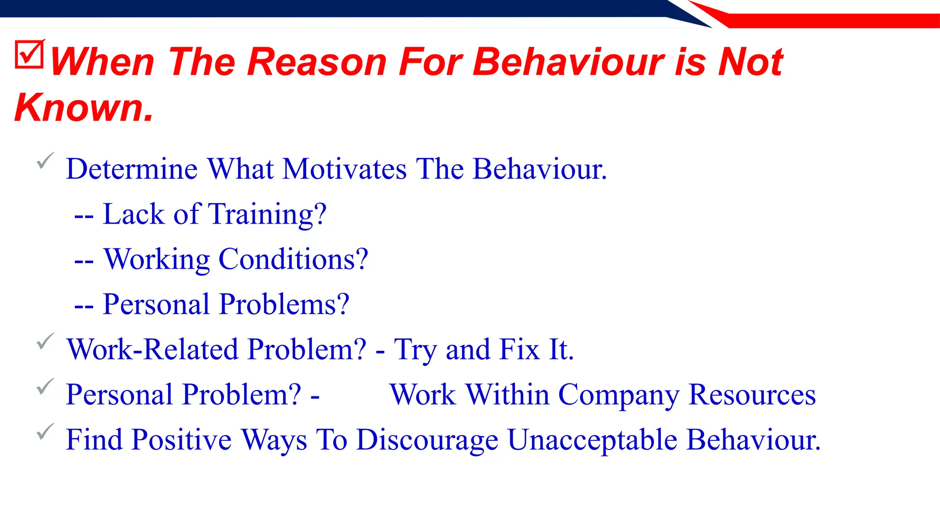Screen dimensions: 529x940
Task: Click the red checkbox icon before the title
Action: tap(29, 55)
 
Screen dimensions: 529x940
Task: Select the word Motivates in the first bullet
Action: tap(344, 169)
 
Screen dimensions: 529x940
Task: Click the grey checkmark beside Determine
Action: tap(45, 161)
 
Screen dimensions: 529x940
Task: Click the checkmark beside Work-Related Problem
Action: tap(45, 341)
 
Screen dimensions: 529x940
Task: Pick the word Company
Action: tap(619, 395)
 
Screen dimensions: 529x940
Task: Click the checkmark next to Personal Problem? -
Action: tap(45, 386)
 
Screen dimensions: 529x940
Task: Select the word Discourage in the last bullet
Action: tap(427, 440)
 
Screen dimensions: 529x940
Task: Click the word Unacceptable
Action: tap(592, 440)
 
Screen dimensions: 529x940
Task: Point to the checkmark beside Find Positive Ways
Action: tap(45, 431)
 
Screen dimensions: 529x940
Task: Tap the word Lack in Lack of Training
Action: tap(134, 214)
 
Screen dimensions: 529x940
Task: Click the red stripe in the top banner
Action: tap(826, 21)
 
